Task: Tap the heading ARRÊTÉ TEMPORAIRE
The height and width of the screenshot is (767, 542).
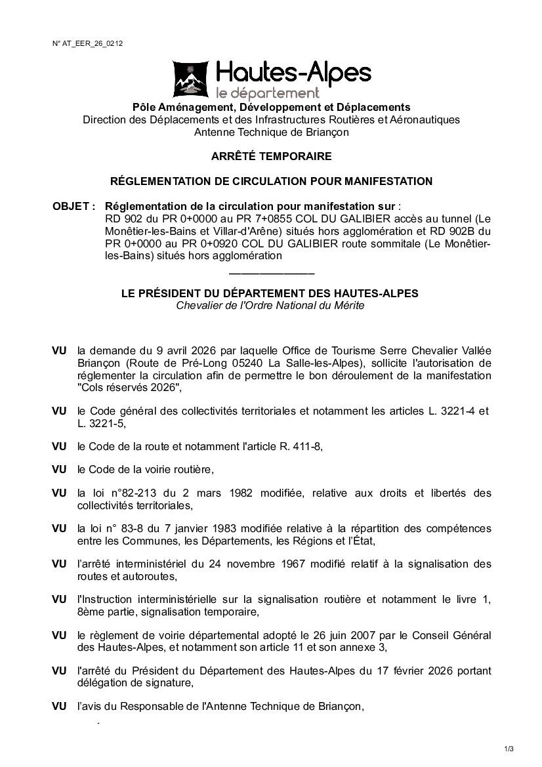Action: pos(271,157)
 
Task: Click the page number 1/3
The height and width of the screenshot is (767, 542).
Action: pos(509,749)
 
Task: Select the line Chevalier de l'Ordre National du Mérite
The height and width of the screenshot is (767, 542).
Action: pos(270,306)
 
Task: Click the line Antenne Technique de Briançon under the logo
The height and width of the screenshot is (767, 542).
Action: pos(271,132)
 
